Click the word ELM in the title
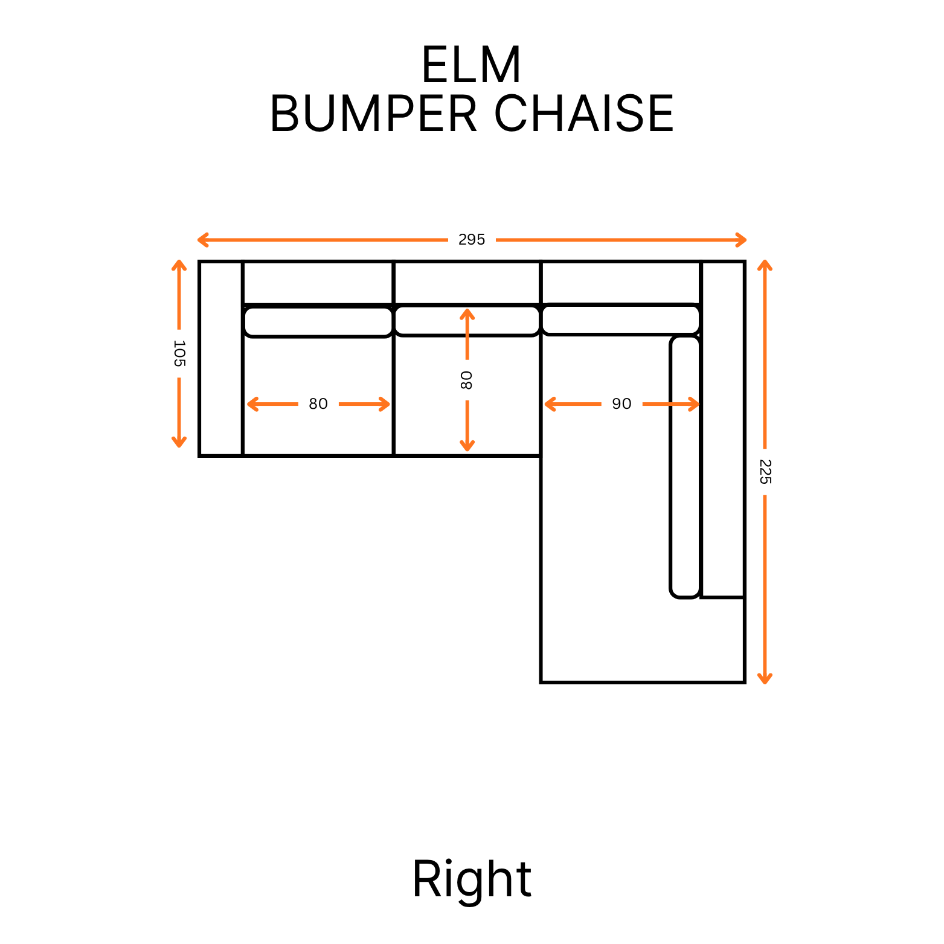pyautogui.click(x=471, y=65)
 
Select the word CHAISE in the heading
pyautogui.click(x=583, y=114)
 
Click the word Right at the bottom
pyautogui.click(x=472, y=879)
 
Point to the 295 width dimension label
pyautogui.click(x=472, y=240)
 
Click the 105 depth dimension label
pyautogui.click(x=179, y=353)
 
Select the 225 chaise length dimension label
pyautogui.click(x=765, y=472)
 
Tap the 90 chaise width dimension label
pyautogui.click(x=621, y=403)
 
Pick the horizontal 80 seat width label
pyautogui.click(x=318, y=403)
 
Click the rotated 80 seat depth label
pyautogui.click(x=466, y=380)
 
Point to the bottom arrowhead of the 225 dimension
pyautogui.click(x=765, y=679)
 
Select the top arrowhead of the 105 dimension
pyautogui.click(x=179, y=265)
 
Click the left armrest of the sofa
pyautogui.click(x=221, y=358)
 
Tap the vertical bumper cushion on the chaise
pyautogui.click(x=685, y=466)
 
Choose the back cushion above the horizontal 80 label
pyautogui.click(x=318, y=322)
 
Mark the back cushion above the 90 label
pyautogui.click(x=620, y=319)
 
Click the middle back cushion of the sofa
pyautogui.click(x=466, y=321)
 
